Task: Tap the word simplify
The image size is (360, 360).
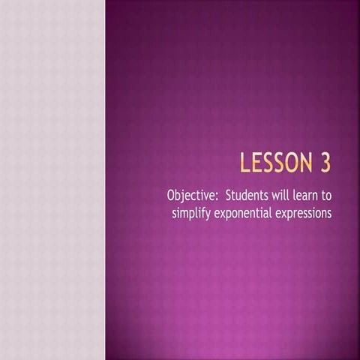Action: (x=193, y=213)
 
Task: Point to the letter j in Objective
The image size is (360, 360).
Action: (x=184, y=198)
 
